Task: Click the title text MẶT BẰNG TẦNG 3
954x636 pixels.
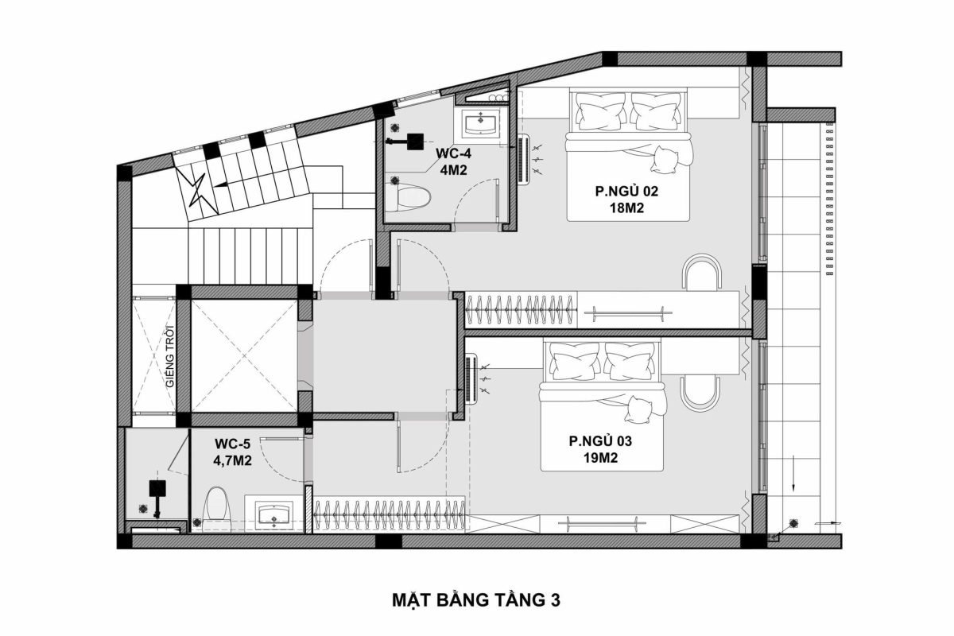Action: [x=476, y=598]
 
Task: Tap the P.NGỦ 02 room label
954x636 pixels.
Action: [x=626, y=192]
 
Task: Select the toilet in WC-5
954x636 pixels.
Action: [x=215, y=506]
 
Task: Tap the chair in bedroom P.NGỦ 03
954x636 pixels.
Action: [x=700, y=392]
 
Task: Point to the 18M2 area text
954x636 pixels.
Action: [x=626, y=209]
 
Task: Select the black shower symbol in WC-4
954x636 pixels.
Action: [x=413, y=142]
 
